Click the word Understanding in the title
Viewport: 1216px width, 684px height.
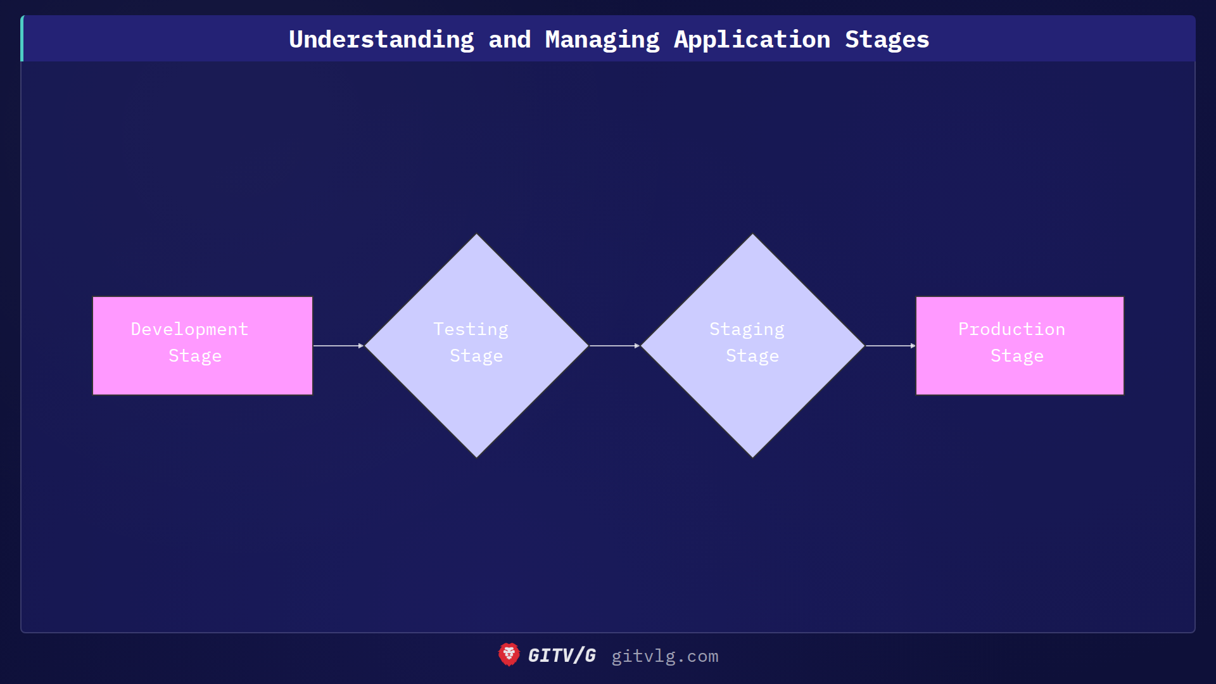381,39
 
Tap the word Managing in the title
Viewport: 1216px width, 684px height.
602,39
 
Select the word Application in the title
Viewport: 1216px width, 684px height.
752,39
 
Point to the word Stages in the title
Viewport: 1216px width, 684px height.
887,39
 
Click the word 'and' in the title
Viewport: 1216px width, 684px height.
510,39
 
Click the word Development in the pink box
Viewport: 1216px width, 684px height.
189,329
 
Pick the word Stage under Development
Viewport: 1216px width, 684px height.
195,356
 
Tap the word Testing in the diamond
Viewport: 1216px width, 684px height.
471,329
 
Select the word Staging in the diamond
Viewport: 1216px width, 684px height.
747,329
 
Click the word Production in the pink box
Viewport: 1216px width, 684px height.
1011,329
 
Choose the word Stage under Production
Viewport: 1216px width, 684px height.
1016,356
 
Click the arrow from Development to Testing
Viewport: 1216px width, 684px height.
338,346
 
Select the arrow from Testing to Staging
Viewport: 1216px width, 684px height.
614,346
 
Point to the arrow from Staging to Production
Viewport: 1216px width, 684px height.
890,346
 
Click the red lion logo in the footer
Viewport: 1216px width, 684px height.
509,655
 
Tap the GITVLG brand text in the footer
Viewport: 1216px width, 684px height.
562,655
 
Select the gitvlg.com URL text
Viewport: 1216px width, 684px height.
664,656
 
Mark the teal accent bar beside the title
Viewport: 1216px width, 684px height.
22,39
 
